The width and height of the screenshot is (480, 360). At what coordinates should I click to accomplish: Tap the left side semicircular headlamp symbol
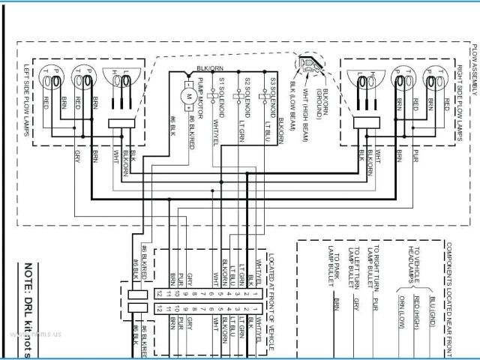click(x=121, y=79)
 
